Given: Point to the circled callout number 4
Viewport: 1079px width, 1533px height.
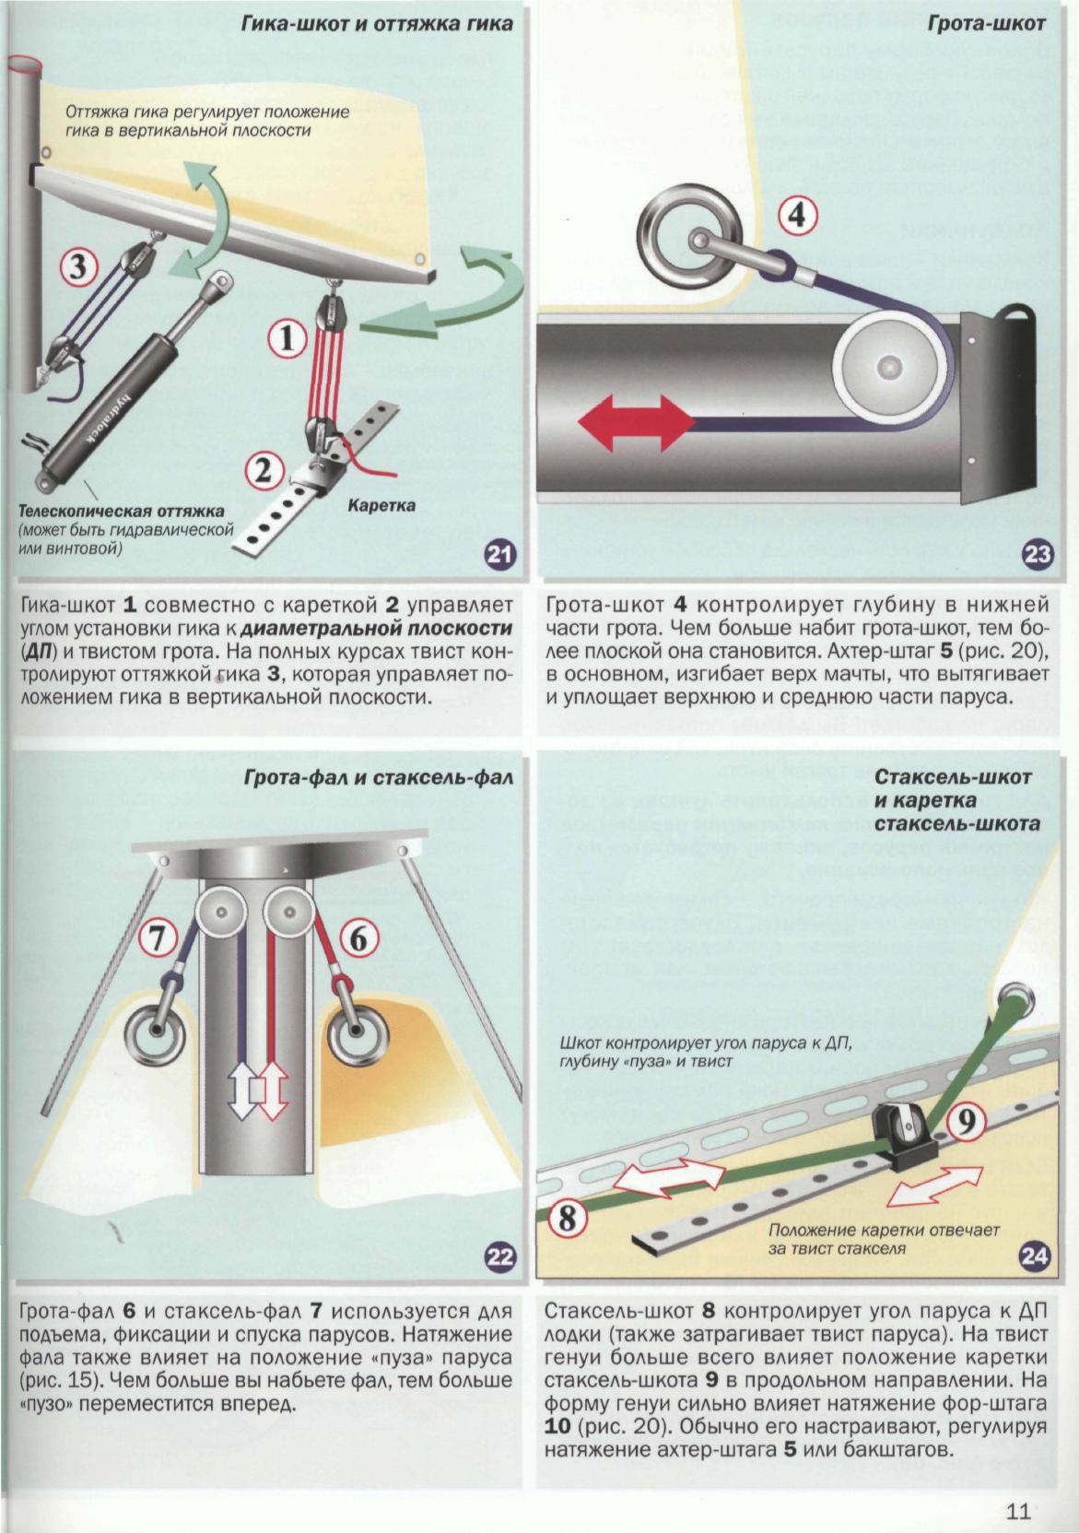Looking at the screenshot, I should tap(798, 218).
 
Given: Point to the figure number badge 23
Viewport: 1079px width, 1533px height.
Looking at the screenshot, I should tap(1038, 554).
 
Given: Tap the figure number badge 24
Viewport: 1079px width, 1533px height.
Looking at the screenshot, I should tap(1036, 1256).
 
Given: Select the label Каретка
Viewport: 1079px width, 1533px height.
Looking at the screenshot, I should tap(381, 506).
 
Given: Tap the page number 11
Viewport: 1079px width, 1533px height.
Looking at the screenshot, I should tap(1017, 1512).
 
